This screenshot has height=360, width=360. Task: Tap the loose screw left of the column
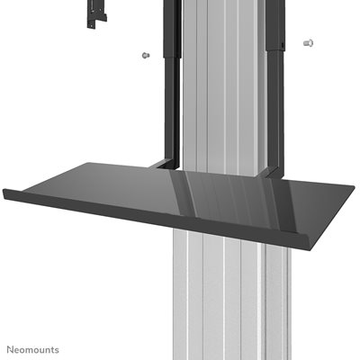(x=144, y=57)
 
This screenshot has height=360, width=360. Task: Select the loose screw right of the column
(x=308, y=42)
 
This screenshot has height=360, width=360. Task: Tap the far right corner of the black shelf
(x=352, y=190)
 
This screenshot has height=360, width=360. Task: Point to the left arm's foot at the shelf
(x=162, y=164)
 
